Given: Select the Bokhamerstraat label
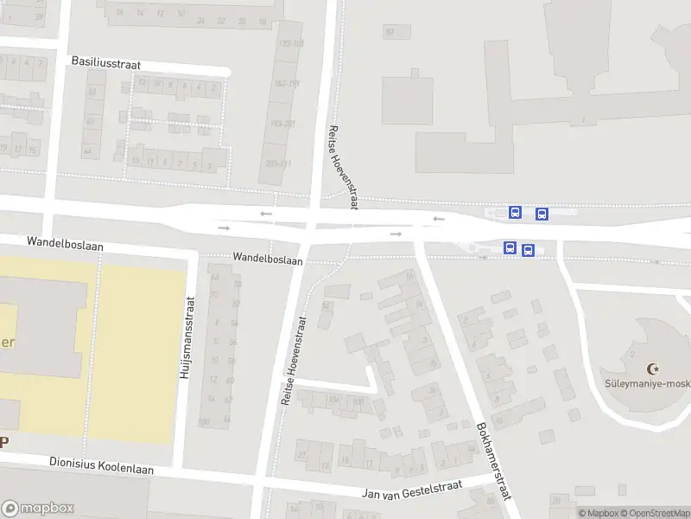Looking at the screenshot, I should (493, 461).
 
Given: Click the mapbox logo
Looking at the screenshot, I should (38, 509).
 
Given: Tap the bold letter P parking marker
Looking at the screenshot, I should (3, 441).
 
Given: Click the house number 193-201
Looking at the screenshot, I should (282, 124).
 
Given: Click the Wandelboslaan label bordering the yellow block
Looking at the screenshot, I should (65, 246).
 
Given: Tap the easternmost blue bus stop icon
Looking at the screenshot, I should (542, 214).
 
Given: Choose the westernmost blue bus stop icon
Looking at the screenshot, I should (510, 249).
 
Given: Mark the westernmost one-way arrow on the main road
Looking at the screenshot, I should (225, 228).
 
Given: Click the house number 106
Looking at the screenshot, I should (333, 400).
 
